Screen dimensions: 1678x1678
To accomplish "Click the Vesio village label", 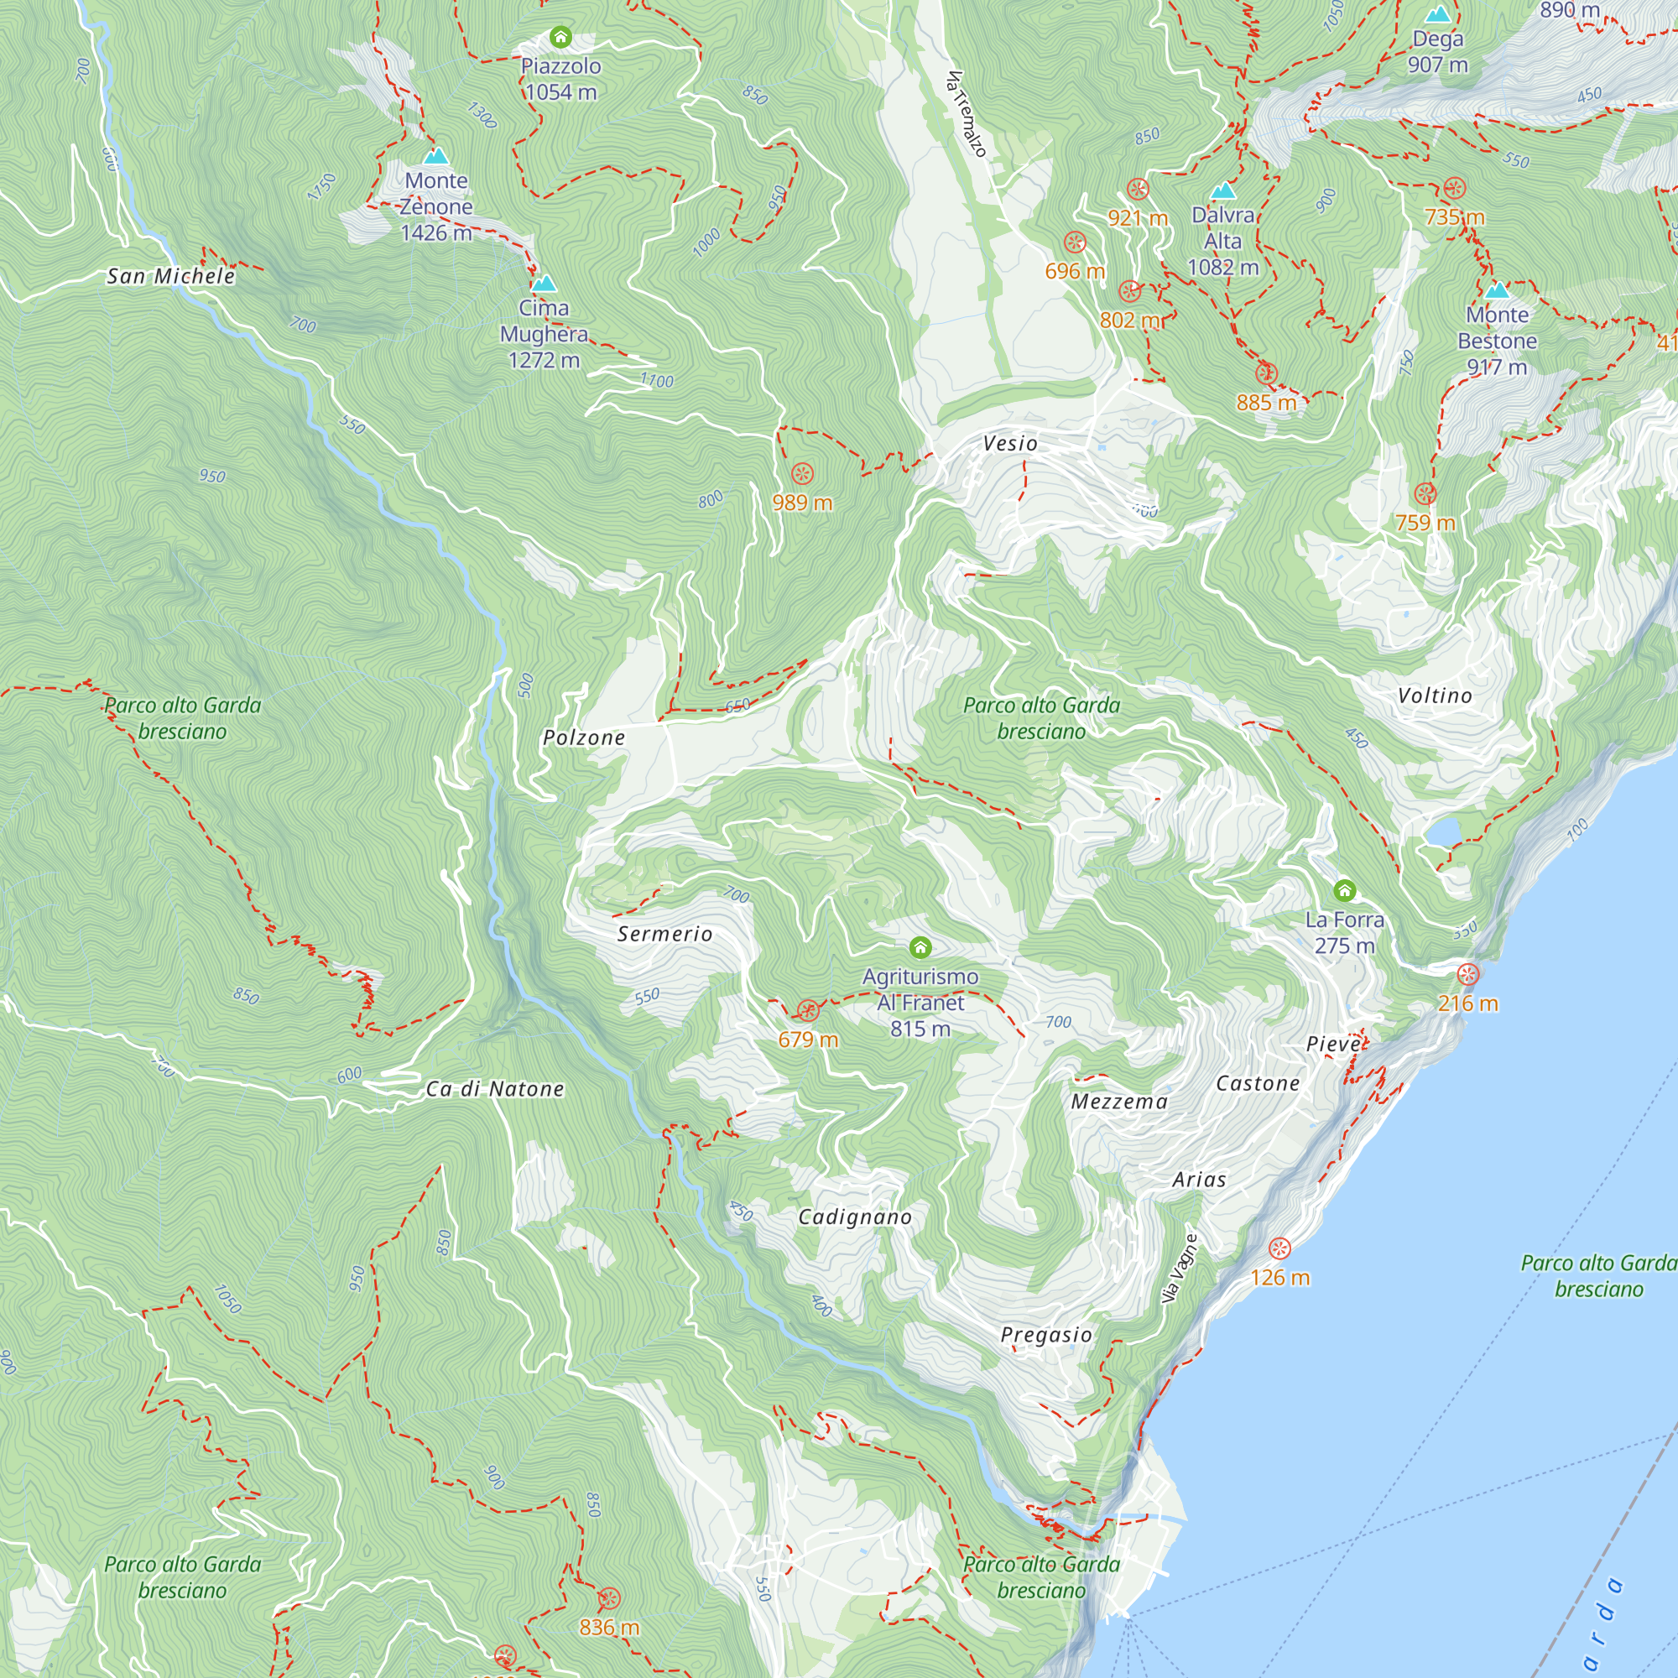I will [1010, 444].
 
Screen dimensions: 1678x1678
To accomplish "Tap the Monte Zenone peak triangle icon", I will [436, 156].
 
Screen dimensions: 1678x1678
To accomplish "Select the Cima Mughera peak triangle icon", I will [544, 284].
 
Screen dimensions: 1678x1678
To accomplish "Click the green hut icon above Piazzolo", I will [560, 38].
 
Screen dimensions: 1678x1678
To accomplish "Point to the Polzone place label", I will [584, 738].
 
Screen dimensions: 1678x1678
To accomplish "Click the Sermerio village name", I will [664, 935].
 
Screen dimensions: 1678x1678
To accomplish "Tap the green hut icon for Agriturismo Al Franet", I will [920, 947].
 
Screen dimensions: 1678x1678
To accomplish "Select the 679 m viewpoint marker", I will [808, 1011].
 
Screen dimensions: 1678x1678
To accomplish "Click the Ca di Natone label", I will [495, 1089].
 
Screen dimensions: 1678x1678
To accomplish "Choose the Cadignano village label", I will [855, 1217].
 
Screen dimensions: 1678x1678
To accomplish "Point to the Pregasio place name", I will [1045, 1335].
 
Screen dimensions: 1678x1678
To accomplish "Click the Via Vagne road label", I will [1180, 1269].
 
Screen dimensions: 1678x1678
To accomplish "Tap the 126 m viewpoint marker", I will [1279, 1249].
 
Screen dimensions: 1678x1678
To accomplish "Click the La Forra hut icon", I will [1344, 890].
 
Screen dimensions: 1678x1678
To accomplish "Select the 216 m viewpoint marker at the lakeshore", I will [1467, 974].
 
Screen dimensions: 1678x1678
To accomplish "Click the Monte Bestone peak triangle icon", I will [1498, 290].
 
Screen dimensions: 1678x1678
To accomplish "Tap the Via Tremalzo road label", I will [967, 114].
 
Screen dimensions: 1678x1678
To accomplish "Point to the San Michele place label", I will [170, 277].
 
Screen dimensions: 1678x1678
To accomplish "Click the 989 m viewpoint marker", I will [801, 474].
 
